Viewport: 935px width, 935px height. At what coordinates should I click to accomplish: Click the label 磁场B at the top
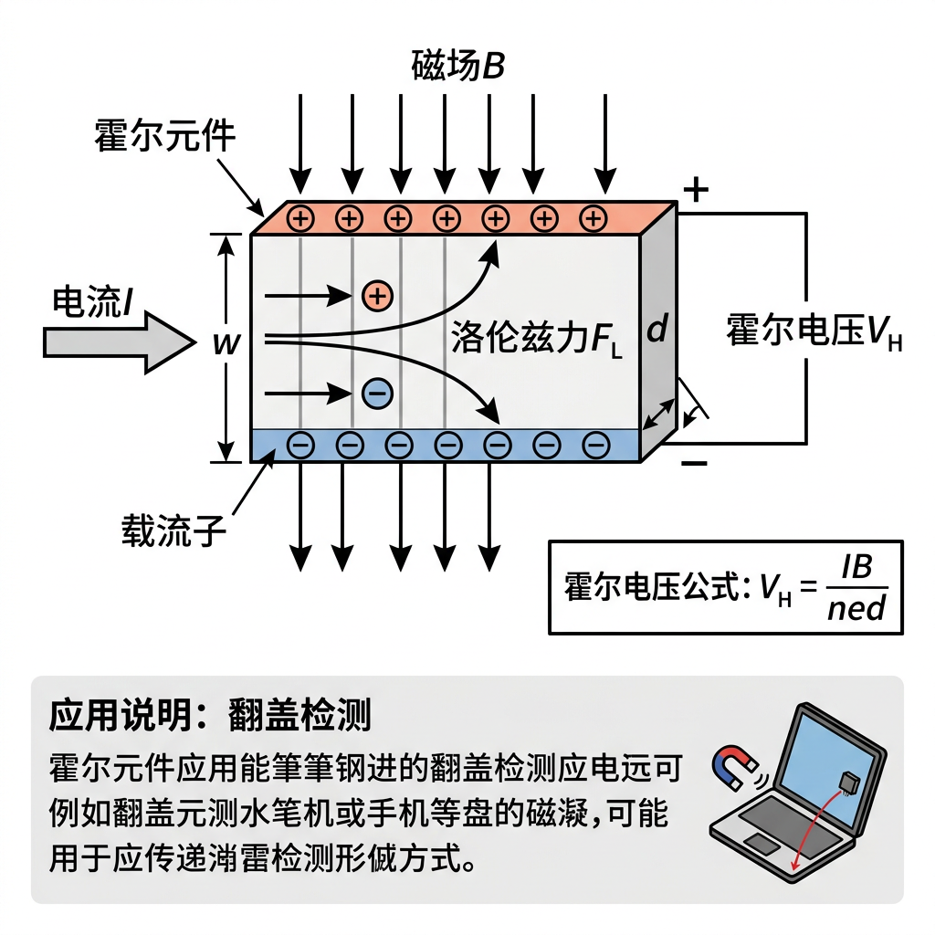pos(457,67)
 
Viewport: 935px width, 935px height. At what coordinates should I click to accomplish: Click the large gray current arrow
pos(119,342)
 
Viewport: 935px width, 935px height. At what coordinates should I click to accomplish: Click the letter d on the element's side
pos(657,331)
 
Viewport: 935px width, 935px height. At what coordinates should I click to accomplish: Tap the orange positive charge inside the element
pos(376,295)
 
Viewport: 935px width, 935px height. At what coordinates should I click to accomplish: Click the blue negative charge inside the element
pos(376,393)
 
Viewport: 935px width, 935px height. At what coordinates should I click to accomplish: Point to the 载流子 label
pos(173,530)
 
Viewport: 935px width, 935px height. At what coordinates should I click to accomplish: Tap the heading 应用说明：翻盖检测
pos(210,716)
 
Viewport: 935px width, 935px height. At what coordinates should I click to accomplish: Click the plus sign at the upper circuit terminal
pos(696,190)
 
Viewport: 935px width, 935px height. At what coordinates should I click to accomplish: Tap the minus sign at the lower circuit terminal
pos(695,463)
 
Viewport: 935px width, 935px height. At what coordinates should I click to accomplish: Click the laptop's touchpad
pos(762,843)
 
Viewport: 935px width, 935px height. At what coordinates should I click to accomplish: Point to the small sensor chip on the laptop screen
pos(848,782)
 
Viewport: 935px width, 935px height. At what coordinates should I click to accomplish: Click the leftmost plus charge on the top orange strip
pos(300,218)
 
